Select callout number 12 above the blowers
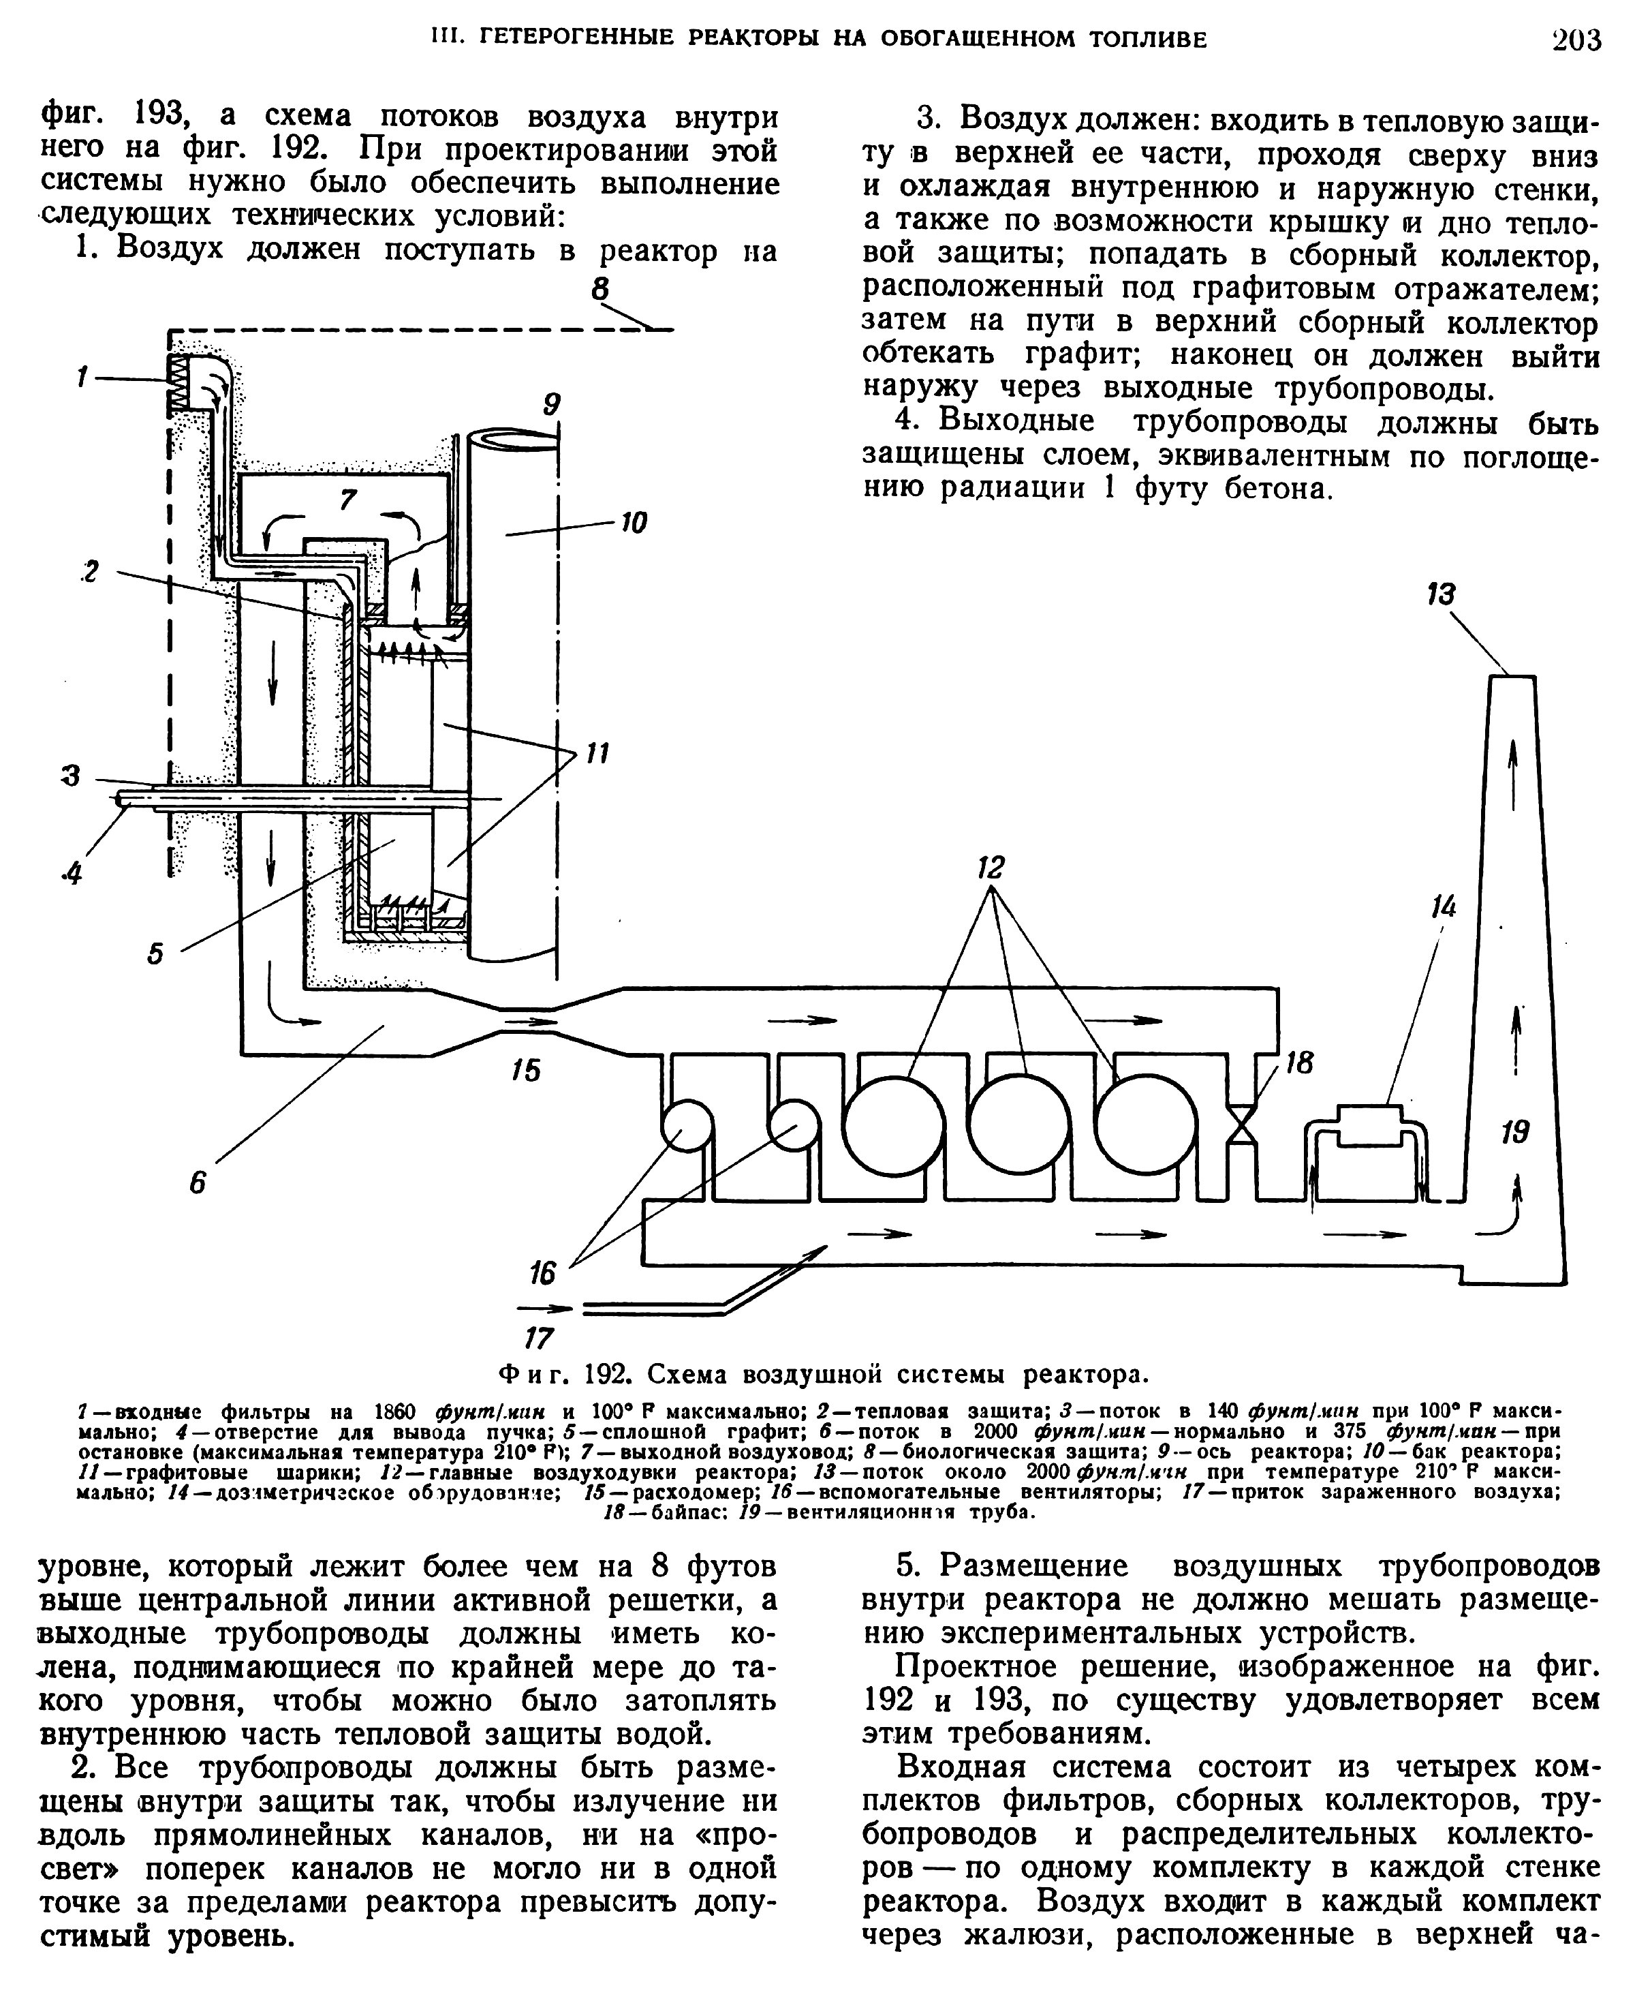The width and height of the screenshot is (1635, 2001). point(991,867)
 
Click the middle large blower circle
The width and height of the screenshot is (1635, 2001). point(1018,1125)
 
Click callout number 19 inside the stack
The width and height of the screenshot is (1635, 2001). point(1515,1131)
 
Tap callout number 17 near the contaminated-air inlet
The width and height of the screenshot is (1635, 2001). point(538,1338)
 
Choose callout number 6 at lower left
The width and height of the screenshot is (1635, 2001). point(197,1182)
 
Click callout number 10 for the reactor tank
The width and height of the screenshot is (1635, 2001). point(634,523)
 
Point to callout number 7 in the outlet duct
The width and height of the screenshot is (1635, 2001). point(349,500)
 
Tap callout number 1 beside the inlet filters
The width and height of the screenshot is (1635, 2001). point(83,378)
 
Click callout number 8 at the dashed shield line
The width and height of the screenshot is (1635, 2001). point(601,288)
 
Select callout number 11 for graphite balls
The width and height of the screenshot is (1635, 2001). point(597,752)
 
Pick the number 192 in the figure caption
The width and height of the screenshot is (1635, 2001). point(608,1375)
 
